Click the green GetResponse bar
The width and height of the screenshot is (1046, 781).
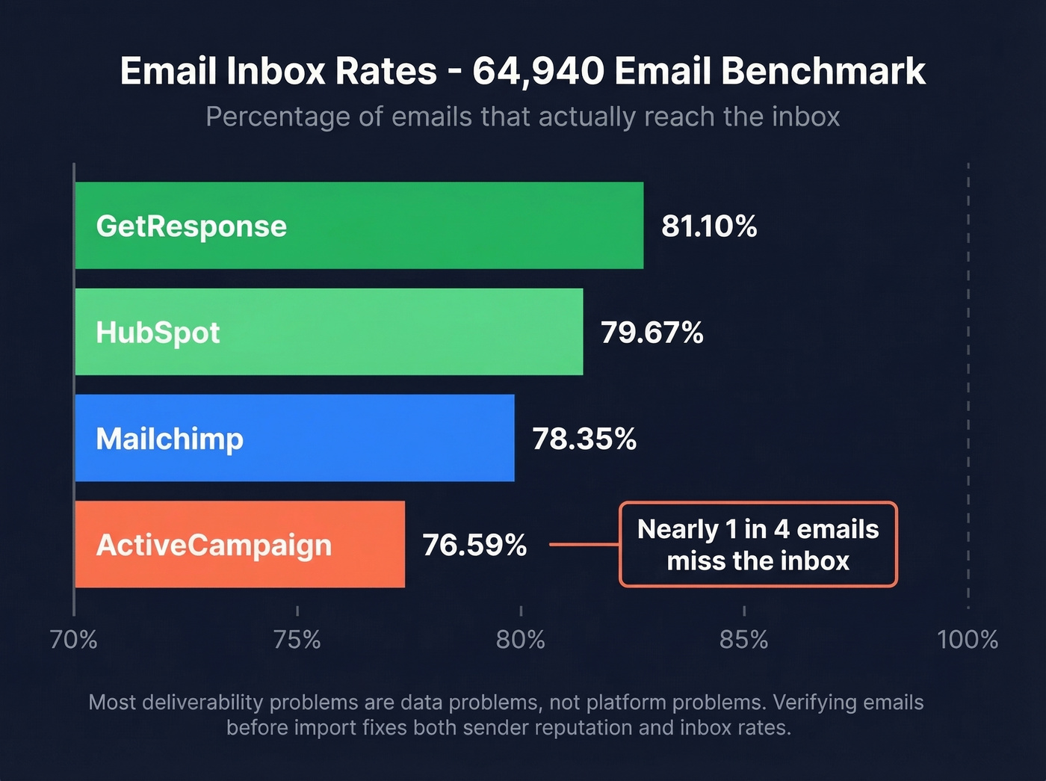[359, 226]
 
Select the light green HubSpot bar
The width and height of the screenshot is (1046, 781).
[329, 332]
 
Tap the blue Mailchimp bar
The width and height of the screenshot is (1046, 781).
[294, 438]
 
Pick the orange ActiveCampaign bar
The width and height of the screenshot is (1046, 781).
[239, 544]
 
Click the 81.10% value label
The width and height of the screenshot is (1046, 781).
[709, 226]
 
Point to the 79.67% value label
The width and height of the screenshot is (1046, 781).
[652, 333]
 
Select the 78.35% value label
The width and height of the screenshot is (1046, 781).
[584, 439]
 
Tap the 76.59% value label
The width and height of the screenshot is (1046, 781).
[474, 545]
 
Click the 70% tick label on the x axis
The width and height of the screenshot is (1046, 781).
[73, 640]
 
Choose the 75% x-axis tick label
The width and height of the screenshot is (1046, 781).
[297, 640]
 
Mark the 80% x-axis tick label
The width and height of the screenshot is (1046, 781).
[520, 640]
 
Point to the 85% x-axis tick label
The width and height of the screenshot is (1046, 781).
[743, 640]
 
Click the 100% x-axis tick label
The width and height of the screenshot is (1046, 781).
[968, 640]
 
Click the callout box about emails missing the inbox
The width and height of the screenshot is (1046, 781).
[758, 544]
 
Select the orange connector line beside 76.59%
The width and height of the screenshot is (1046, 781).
[584, 544]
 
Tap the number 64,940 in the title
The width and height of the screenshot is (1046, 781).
[538, 72]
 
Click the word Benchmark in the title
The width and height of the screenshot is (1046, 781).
[823, 72]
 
